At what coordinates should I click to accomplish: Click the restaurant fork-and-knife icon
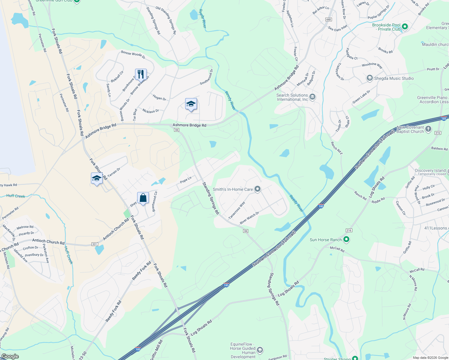point(141,74)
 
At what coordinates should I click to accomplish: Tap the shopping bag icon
point(143,198)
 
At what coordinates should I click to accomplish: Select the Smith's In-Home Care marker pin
point(257,189)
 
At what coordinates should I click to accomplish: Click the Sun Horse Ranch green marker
point(346,239)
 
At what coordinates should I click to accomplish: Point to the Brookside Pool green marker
point(405,26)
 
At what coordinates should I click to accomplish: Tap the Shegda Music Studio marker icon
point(370,78)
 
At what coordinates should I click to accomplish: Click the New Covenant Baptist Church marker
point(428,129)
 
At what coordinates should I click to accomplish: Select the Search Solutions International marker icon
point(312,97)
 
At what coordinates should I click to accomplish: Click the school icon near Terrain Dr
point(97,178)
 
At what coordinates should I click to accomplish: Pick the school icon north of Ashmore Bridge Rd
point(191,104)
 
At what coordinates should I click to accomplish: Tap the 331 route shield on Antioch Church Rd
point(95,244)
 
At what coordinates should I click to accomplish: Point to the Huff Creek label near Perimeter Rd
point(16,196)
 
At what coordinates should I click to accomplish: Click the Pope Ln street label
point(186,180)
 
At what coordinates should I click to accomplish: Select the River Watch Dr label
point(249,218)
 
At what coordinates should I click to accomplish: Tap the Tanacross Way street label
point(237,210)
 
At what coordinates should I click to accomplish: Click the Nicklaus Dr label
point(151,111)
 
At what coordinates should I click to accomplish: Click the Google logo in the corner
point(10,356)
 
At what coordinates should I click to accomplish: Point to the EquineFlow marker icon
point(260,350)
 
